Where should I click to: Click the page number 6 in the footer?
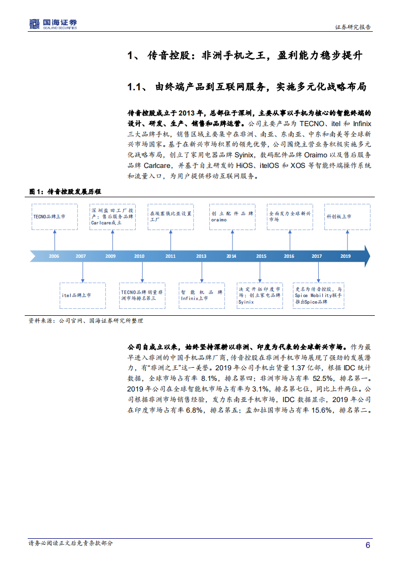(368, 545)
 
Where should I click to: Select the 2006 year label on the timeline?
(54, 256)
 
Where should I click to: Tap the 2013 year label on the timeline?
(201, 256)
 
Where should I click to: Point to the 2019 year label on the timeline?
(346, 256)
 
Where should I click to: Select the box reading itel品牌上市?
(83, 296)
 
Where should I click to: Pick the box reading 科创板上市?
(347, 216)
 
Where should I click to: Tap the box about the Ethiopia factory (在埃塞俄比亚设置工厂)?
(171, 216)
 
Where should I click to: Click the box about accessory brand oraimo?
(233, 216)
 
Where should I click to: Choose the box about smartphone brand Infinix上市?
(202, 296)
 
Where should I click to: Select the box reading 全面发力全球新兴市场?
(290, 216)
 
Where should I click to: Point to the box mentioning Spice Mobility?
(319, 296)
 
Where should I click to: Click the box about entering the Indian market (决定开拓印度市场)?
(259, 296)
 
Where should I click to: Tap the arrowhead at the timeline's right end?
(366, 256)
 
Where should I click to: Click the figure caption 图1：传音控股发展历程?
(65, 192)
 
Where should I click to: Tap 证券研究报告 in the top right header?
(353, 27)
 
